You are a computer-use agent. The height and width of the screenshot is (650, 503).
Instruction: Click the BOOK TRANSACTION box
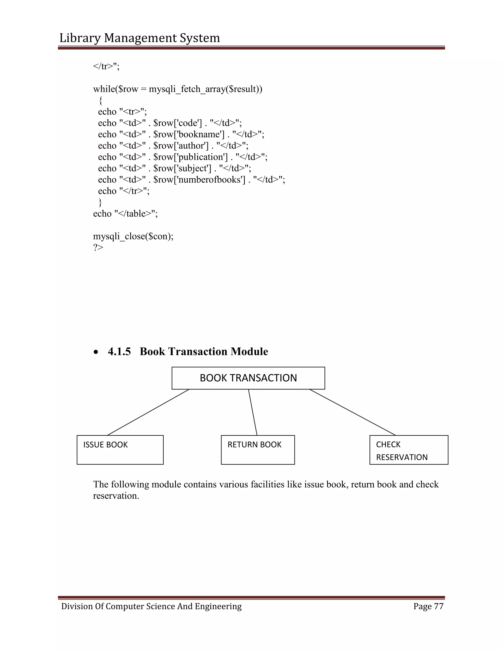(x=248, y=378)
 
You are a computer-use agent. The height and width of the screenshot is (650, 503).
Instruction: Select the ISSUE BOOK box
(x=120, y=450)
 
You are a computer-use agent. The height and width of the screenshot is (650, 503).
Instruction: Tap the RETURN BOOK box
(x=258, y=450)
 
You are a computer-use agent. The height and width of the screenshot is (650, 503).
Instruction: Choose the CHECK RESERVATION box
(x=409, y=450)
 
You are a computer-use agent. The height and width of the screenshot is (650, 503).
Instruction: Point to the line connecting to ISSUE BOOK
(x=148, y=412)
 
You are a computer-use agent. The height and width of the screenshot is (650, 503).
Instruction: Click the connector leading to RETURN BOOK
(x=253, y=412)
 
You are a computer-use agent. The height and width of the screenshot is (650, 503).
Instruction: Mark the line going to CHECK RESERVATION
(x=352, y=412)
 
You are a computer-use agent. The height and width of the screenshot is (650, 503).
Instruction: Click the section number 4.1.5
(x=119, y=351)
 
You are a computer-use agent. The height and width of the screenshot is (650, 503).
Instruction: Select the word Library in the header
(x=80, y=38)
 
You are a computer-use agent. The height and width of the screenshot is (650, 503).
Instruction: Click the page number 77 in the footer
(x=439, y=606)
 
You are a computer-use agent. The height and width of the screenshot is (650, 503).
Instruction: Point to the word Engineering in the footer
(x=218, y=607)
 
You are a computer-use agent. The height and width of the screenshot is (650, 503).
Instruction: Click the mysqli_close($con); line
(x=133, y=236)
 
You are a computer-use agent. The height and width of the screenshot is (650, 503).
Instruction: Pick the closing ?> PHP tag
(x=98, y=247)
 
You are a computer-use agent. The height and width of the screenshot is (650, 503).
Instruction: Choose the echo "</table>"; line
(x=125, y=214)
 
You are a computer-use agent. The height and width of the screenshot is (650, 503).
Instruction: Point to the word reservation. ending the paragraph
(x=116, y=496)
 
